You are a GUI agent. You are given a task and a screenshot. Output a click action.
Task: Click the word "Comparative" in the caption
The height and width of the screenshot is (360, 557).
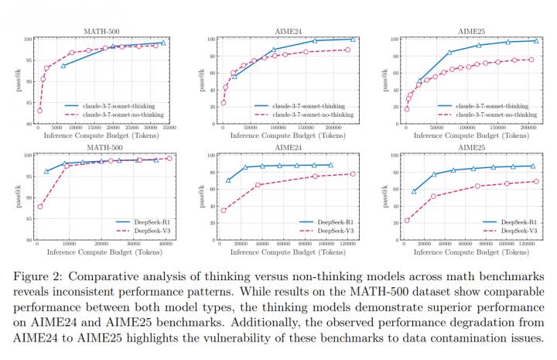pos(97,276)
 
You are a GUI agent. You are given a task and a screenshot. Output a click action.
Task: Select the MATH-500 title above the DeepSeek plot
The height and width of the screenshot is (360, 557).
pos(102,147)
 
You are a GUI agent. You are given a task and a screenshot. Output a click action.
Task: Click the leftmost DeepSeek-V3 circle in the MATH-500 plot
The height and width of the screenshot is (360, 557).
pos(39,206)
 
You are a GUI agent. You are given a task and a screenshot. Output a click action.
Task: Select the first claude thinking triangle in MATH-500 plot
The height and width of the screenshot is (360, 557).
pos(63,66)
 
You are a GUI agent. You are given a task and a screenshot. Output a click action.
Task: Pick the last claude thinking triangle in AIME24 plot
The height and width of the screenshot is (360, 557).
pos(353,39)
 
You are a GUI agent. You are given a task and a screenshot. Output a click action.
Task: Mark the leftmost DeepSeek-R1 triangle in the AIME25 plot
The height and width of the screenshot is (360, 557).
pos(414,191)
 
